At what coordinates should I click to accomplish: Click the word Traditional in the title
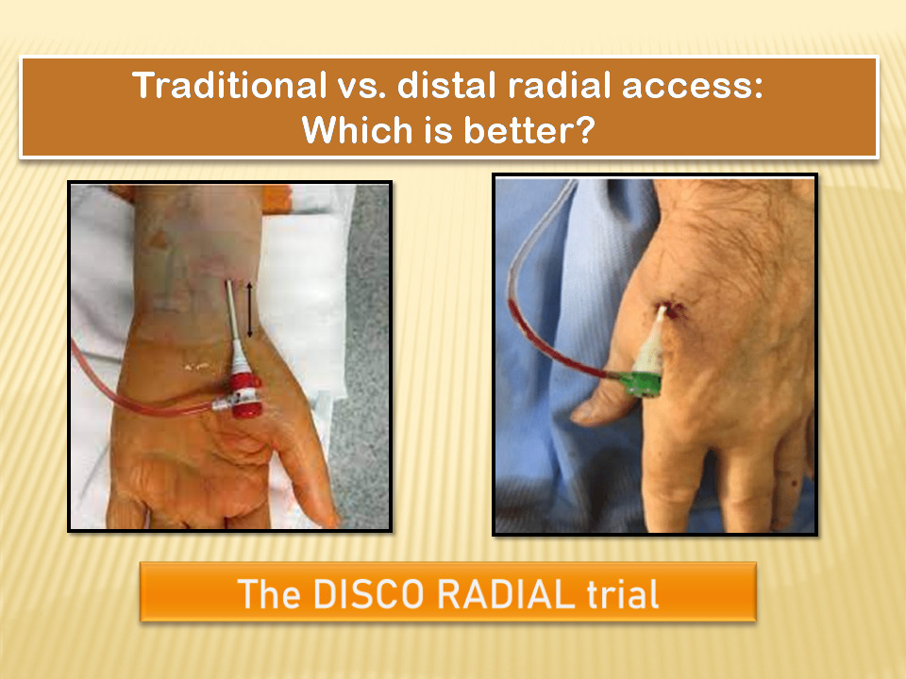point(229,86)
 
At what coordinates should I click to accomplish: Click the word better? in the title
point(528,129)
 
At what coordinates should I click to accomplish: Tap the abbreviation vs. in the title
point(361,87)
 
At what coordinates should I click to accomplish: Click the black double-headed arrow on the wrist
point(249,309)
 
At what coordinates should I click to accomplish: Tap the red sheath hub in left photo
point(246,394)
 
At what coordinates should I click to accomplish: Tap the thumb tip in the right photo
point(580,416)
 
